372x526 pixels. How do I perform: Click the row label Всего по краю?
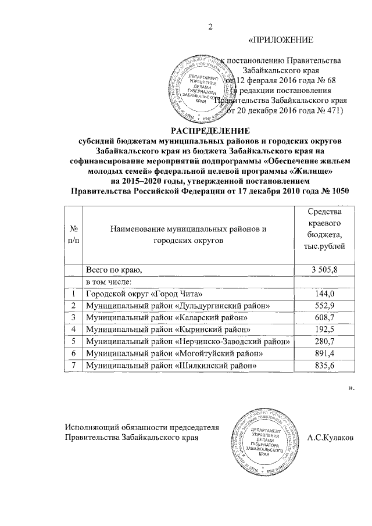(114, 269)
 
